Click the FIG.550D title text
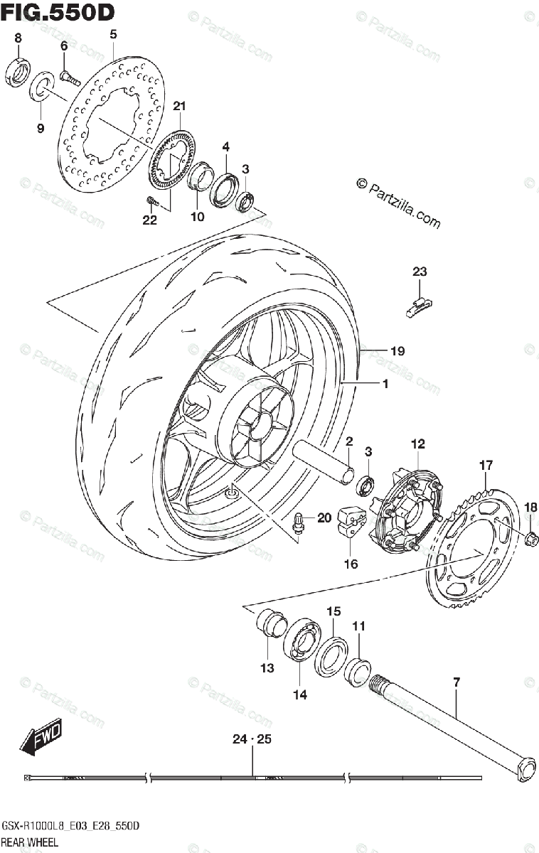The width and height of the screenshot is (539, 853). pos(58,13)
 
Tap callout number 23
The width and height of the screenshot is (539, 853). pos(420,271)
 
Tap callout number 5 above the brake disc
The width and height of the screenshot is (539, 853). pos(112,34)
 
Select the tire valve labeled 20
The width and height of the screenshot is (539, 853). pos(300,524)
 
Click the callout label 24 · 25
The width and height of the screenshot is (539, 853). pos(252,739)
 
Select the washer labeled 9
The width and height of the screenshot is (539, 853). pos(41,88)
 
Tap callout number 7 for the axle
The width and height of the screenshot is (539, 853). pos(456,682)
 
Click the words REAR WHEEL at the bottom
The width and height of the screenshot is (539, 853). pos(34,841)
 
